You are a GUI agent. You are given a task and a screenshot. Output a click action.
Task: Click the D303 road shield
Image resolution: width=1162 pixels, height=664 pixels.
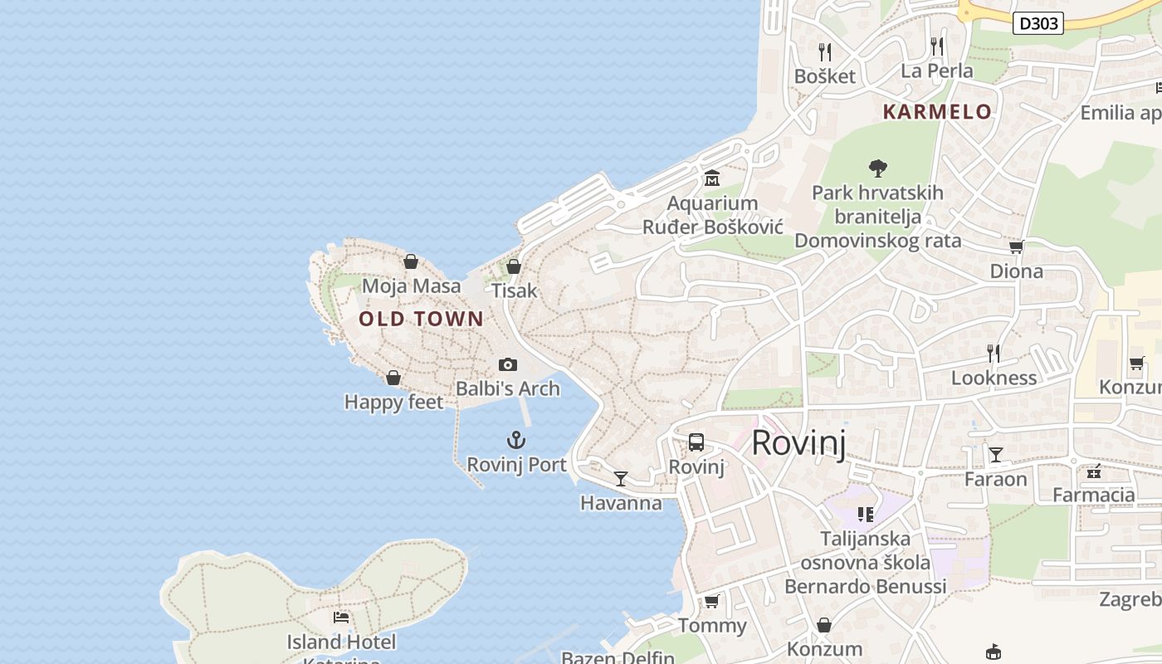tap(1038, 23)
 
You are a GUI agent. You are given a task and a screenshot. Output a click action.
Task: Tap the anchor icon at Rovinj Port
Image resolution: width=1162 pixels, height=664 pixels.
tap(517, 440)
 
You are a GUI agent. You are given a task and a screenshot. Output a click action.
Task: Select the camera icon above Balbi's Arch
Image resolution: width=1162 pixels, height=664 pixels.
tap(508, 364)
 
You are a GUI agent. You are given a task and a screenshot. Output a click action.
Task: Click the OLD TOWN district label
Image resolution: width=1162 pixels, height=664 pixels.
tap(421, 319)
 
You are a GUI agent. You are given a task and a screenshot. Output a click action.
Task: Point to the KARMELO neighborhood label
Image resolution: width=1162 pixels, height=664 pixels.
tap(937, 112)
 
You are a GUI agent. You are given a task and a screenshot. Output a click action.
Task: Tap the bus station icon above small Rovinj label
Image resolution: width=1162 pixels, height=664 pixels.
tap(696, 442)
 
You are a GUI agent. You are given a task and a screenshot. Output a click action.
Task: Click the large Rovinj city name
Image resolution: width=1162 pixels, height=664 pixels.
tap(798, 443)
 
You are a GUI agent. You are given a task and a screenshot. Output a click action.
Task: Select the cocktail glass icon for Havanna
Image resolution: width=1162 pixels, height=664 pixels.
tap(621, 478)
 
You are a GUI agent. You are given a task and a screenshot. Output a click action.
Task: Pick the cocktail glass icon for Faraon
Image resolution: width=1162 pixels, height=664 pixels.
tap(996, 454)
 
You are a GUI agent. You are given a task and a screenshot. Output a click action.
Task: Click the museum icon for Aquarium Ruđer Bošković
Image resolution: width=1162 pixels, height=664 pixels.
tap(712, 178)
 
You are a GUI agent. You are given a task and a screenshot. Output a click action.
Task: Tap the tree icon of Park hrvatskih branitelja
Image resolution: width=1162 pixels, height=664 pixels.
tap(877, 168)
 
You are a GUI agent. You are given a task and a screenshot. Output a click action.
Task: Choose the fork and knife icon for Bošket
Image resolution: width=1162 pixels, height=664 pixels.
tap(825, 52)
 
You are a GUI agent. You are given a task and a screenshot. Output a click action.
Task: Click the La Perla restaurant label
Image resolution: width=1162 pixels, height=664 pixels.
tap(937, 71)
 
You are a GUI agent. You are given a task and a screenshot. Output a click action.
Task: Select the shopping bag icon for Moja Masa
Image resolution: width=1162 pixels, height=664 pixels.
tap(411, 262)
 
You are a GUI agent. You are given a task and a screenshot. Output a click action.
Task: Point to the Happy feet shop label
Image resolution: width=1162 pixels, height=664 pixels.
tap(393, 403)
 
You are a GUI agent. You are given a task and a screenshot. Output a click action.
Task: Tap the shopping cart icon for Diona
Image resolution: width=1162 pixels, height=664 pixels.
tap(1016, 247)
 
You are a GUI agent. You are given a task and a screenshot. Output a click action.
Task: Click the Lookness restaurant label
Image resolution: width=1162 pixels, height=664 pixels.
tap(994, 378)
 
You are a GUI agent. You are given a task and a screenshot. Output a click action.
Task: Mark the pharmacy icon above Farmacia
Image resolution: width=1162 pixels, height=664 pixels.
tap(1094, 471)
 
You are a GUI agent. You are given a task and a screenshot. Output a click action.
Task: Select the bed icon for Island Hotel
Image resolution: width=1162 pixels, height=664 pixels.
tap(341, 617)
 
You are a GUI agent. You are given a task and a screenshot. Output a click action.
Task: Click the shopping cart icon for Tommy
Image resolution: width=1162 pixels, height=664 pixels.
tap(711, 601)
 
